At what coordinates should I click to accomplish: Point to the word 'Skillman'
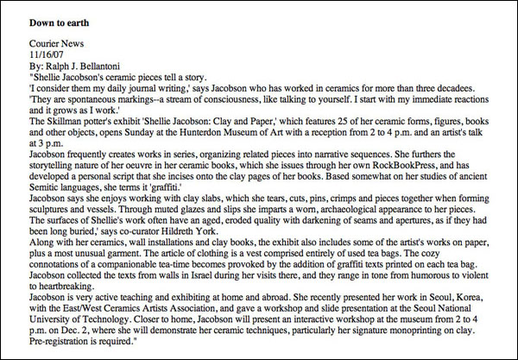[x=70, y=121]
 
